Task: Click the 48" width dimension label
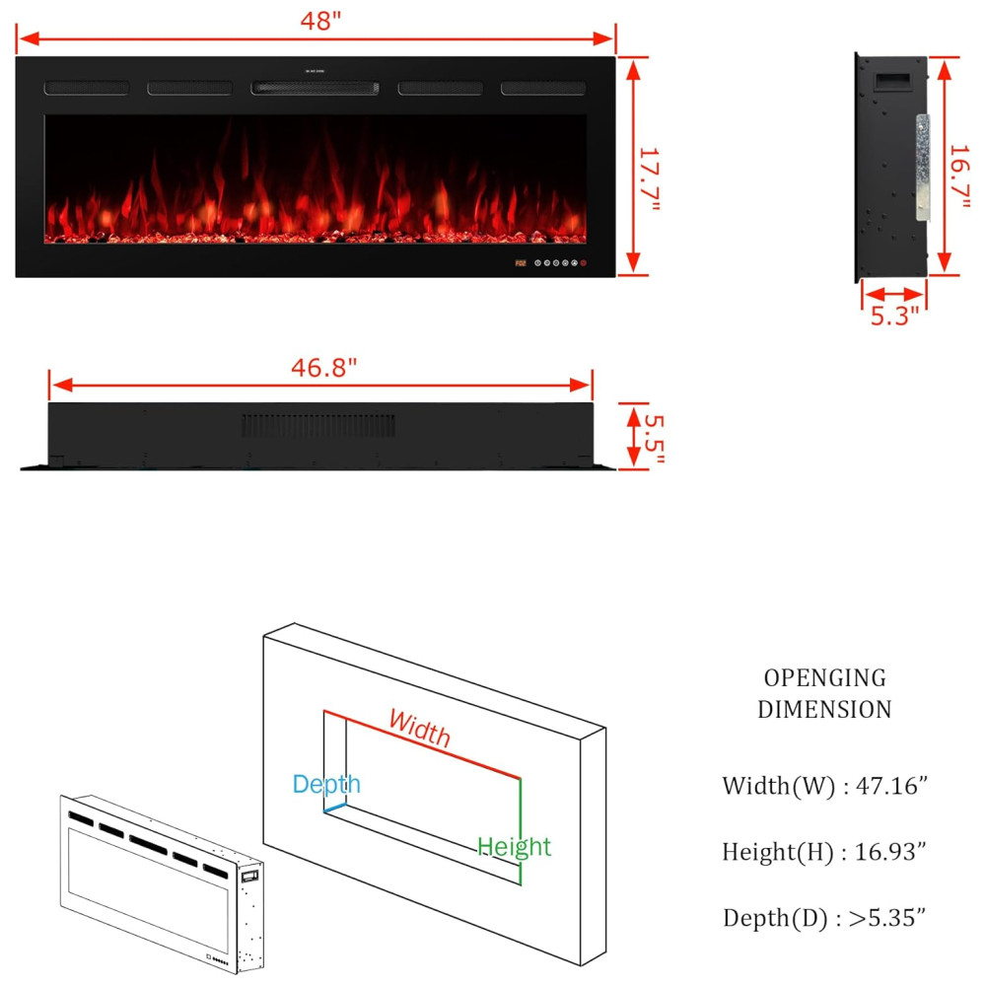pyautogui.click(x=320, y=21)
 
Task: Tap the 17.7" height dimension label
pyautogui.click(x=649, y=179)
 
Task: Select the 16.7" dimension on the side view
pyautogui.click(x=959, y=176)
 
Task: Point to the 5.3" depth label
pyautogui.click(x=894, y=316)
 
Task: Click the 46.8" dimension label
pyautogui.click(x=323, y=367)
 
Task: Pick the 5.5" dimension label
pyautogui.click(x=654, y=439)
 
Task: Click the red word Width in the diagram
pyautogui.click(x=419, y=729)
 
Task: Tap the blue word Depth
pyautogui.click(x=326, y=785)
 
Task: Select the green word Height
pyautogui.click(x=514, y=847)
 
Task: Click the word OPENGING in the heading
pyautogui.click(x=825, y=678)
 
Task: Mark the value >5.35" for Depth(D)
pyautogui.click(x=887, y=917)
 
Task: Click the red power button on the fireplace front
pyautogui.click(x=584, y=263)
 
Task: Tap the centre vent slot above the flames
pyautogui.click(x=316, y=88)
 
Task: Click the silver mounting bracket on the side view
pyautogui.click(x=923, y=168)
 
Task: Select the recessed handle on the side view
pyautogui.click(x=891, y=82)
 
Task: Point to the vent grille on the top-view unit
pyautogui.click(x=318, y=426)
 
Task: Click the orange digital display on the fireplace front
pyautogui.click(x=521, y=263)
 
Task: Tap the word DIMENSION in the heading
pyautogui.click(x=825, y=709)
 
